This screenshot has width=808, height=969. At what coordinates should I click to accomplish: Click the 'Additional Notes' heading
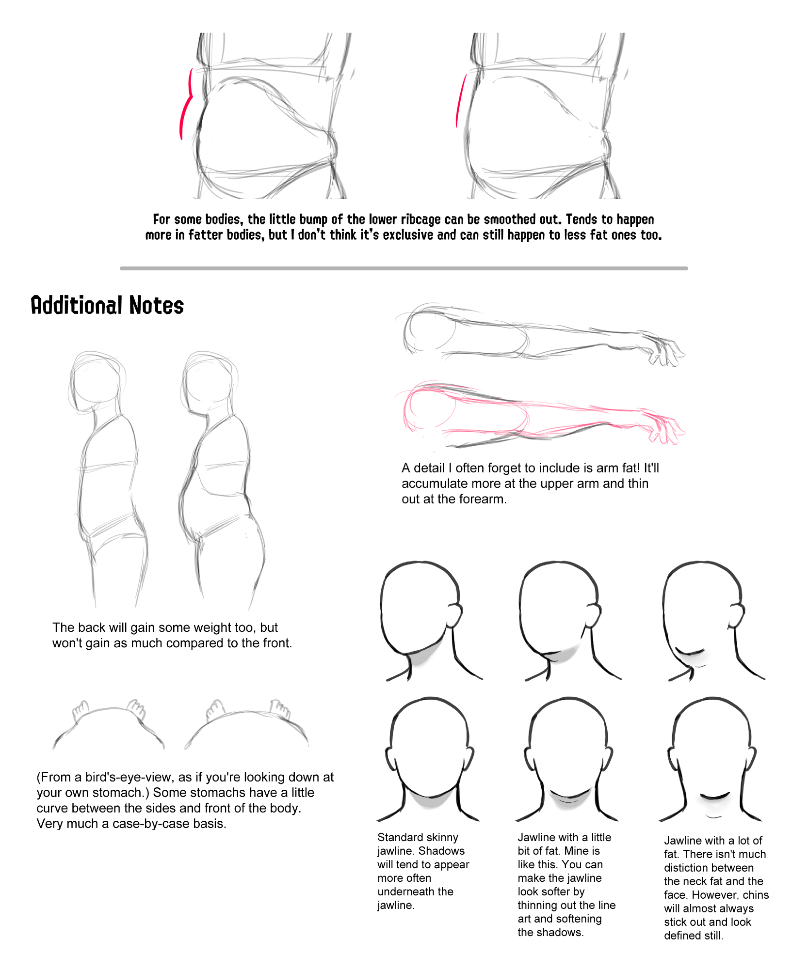[x=107, y=305]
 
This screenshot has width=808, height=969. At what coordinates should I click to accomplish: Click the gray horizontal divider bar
[x=404, y=268]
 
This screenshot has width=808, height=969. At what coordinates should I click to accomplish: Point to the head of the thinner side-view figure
[x=96, y=382]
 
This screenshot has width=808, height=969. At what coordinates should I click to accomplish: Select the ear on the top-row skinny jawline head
[x=454, y=615]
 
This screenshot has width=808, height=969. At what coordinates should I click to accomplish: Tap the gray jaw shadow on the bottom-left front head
[x=429, y=799]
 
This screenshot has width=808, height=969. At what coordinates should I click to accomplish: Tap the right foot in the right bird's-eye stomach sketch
[x=280, y=708]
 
